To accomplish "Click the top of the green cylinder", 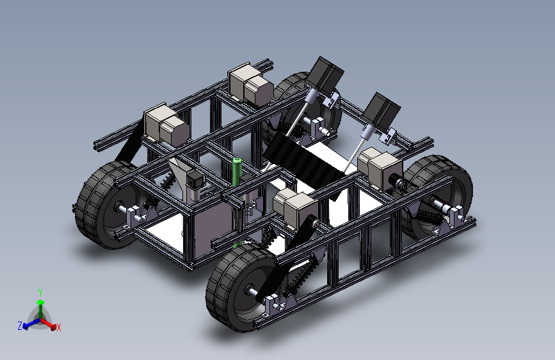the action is click(x=237, y=161).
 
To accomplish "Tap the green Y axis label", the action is click(x=40, y=293).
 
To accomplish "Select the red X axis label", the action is click(x=59, y=328).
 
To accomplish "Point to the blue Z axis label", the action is click(x=20, y=325).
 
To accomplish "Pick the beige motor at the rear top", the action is click(x=250, y=85).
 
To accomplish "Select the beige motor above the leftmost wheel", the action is click(x=166, y=124).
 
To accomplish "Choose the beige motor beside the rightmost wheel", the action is click(x=380, y=168).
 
